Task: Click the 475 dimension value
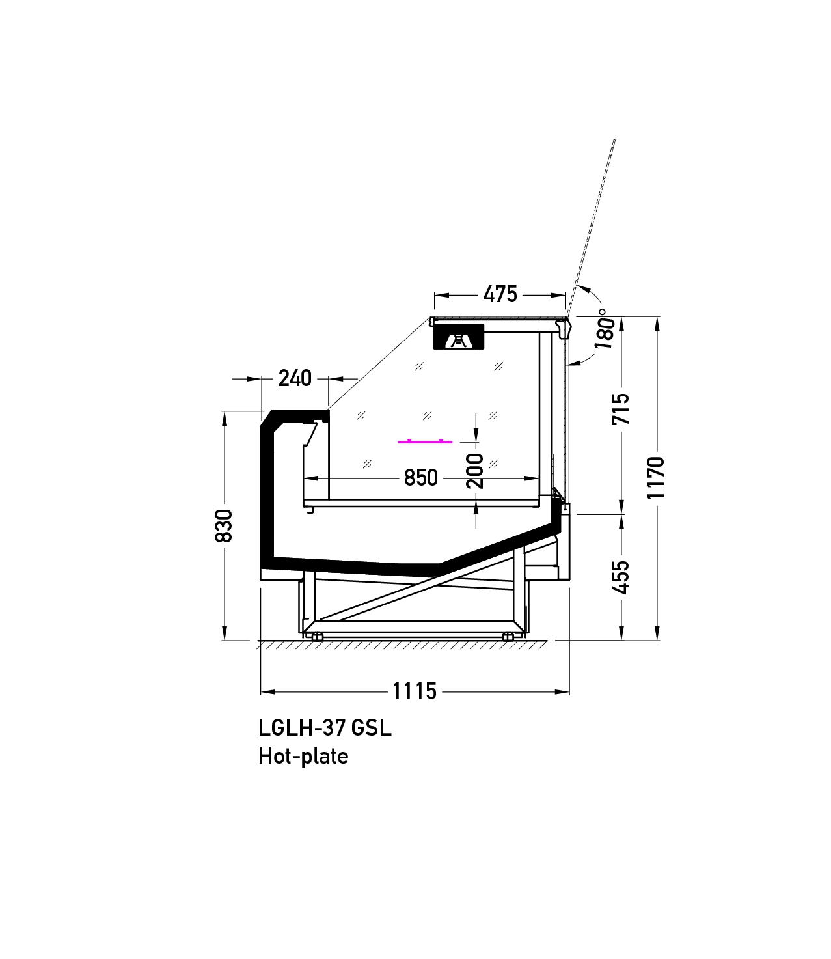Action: (x=500, y=294)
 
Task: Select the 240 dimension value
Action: (x=295, y=379)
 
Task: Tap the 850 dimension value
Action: (x=420, y=478)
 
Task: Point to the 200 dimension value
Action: (x=474, y=471)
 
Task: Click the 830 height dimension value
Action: (x=223, y=525)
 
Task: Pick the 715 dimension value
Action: (x=620, y=409)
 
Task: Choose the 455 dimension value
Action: (x=620, y=577)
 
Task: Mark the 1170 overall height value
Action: (x=656, y=478)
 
